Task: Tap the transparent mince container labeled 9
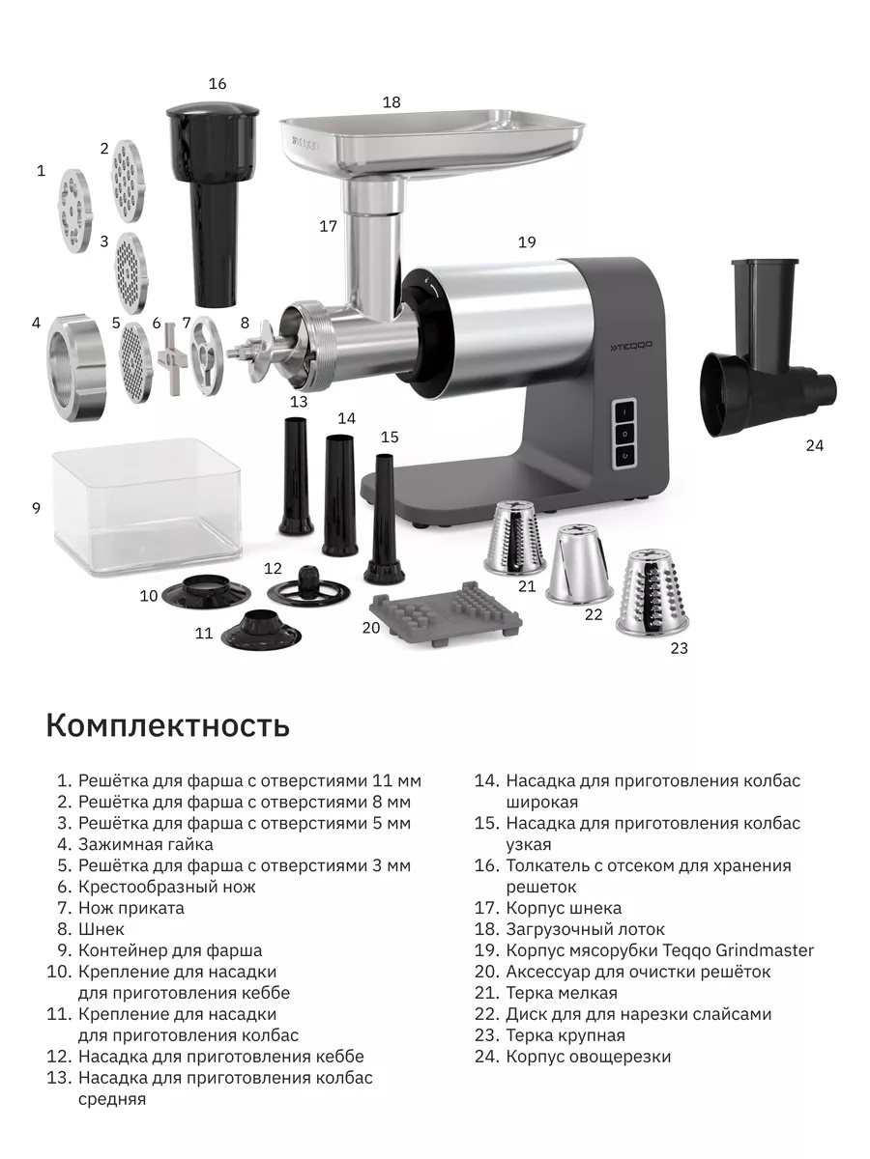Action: click(147, 507)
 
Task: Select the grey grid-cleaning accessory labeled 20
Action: click(446, 613)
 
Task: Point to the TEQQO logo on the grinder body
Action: click(630, 347)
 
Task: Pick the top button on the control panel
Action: click(625, 412)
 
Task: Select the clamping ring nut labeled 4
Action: click(77, 368)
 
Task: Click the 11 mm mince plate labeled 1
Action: click(75, 211)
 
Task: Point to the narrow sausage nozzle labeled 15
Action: click(384, 519)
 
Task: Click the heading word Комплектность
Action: click(168, 726)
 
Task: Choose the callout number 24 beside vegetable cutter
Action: click(815, 445)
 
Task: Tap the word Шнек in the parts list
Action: click(101, 929)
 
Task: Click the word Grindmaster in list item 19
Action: click(765, 950)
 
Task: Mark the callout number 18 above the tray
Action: click(391, 102)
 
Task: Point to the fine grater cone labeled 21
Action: click(515, 538)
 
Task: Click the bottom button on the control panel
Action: click(625, 455)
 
